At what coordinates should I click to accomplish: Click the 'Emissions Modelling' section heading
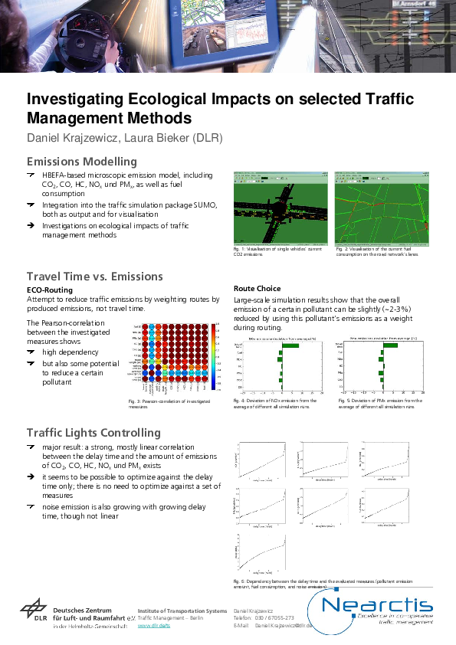click(x=81, y=162)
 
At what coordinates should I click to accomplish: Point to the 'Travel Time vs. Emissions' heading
click(x=94, y=276)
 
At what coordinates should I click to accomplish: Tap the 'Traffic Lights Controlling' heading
click(x=93, y=433)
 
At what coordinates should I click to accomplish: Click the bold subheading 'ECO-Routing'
click(x=50, y=290)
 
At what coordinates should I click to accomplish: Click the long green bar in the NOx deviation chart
click(x=289, y=345)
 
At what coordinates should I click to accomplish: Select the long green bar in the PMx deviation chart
click(x=390, y=345)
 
